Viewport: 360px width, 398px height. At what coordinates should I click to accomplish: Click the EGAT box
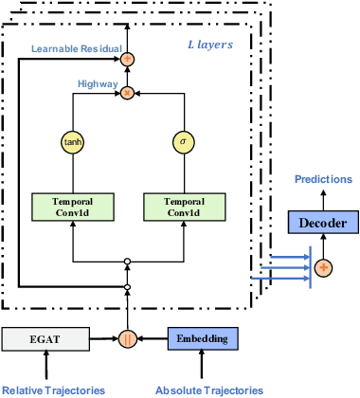(x=45, y=336)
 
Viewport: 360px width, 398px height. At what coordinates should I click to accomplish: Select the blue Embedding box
(x=202, y=336)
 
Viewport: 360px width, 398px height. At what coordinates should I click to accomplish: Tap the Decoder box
(x=324, y=223)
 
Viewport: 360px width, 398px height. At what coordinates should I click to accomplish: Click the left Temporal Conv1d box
(x=73, y=207)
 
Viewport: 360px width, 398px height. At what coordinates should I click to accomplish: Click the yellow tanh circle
(x=73, y=142)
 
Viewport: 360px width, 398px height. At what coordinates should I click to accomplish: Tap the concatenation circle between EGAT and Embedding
(x=127, y=337)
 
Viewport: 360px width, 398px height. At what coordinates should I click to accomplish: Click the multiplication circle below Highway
(x=127, y=94)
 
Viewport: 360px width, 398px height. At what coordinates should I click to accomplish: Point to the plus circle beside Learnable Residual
(x=127, y=60)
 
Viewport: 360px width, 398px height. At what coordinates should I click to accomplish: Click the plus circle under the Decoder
(x=324, y=268)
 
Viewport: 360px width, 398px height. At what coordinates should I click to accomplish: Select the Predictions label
(x=323, y=178)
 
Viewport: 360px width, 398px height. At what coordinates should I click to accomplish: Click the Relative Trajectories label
(x=53, y=389)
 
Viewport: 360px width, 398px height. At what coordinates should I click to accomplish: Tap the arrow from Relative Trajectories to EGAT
(x=45, y=365)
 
